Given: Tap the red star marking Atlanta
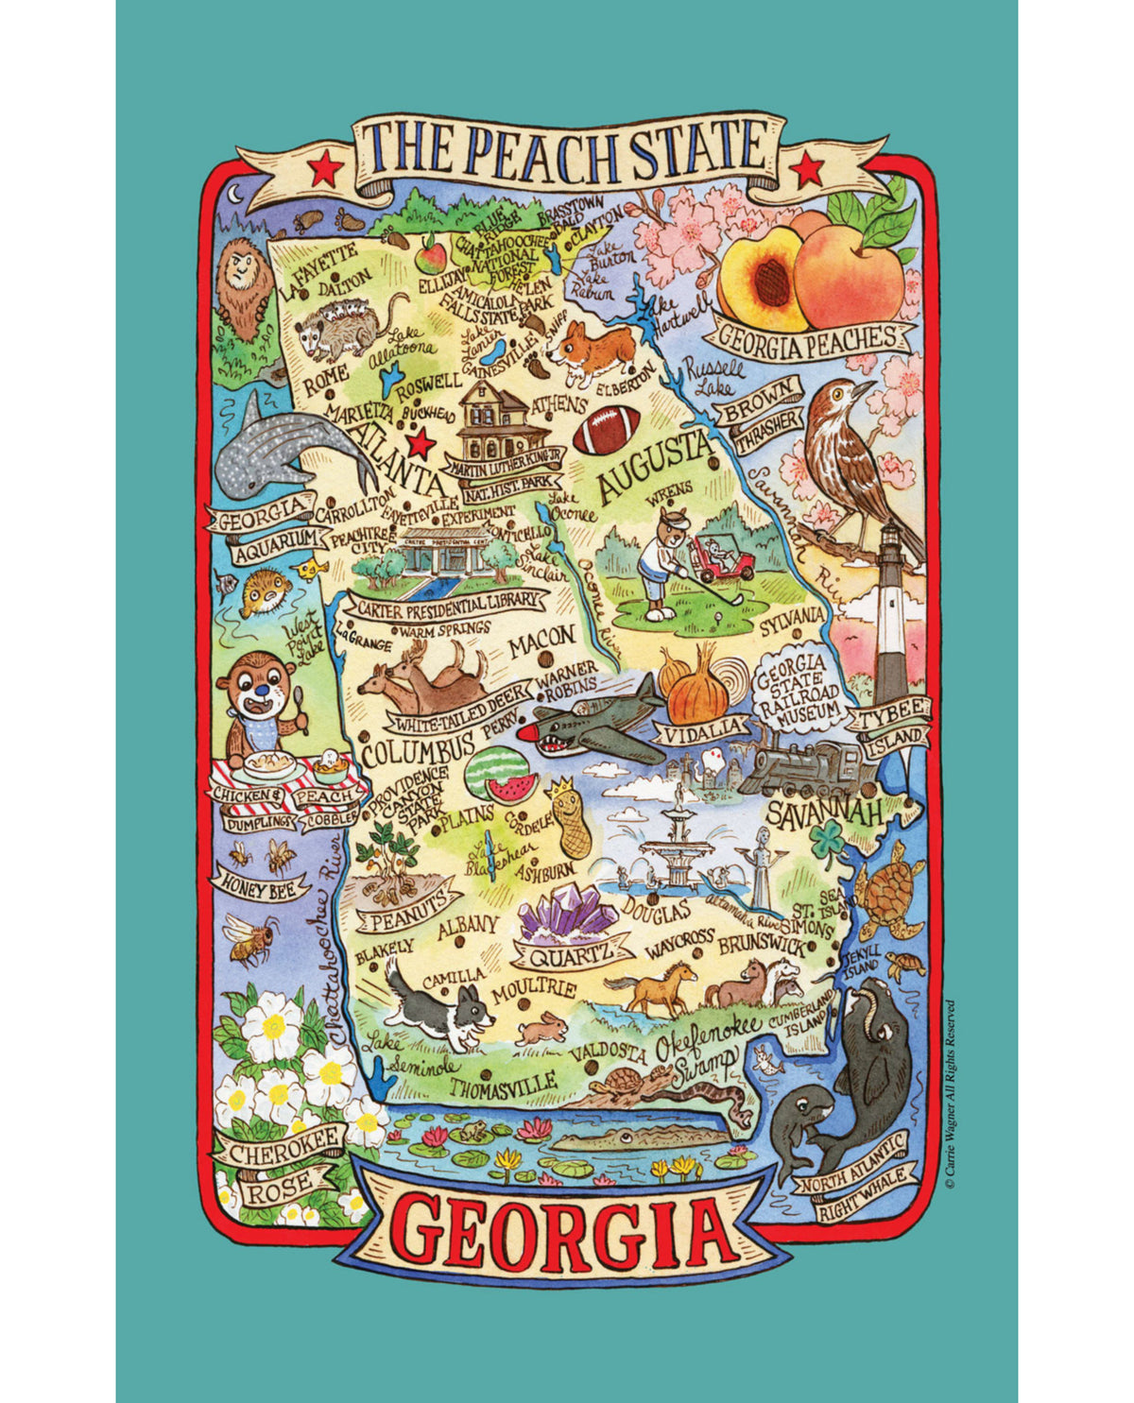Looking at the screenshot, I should click(421, 442).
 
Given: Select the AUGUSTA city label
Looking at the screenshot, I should click(653, 467).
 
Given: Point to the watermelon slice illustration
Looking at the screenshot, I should click(499, 776).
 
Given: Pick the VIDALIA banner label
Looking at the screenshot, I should click(705, 729).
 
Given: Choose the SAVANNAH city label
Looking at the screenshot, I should click(824, 812).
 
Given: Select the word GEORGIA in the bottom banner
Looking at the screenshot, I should click(563, 1229).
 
